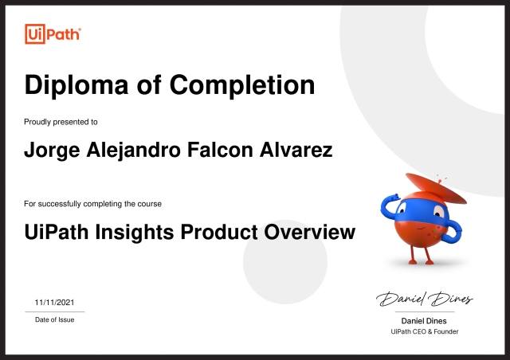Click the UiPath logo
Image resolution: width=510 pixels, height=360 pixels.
[x=53, y=34]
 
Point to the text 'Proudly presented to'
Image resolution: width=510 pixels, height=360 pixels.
[x=61, y=122]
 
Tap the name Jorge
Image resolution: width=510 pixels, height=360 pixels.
[x=53, y=151]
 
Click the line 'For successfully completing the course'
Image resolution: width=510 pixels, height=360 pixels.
[x=93, y=204]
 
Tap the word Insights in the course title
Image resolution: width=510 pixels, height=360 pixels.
[x=137, y=233]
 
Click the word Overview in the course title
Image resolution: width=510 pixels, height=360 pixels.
[x=310, y=233]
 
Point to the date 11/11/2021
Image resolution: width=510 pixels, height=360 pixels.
[x=54, y=303]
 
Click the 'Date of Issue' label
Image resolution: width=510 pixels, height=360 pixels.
[x=54, y=319]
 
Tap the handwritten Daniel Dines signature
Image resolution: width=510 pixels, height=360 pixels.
[x=425, y=299]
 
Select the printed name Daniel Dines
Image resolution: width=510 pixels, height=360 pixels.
[x=425, y=320]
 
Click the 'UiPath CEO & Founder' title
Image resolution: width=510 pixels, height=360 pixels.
[x=425, y=331]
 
